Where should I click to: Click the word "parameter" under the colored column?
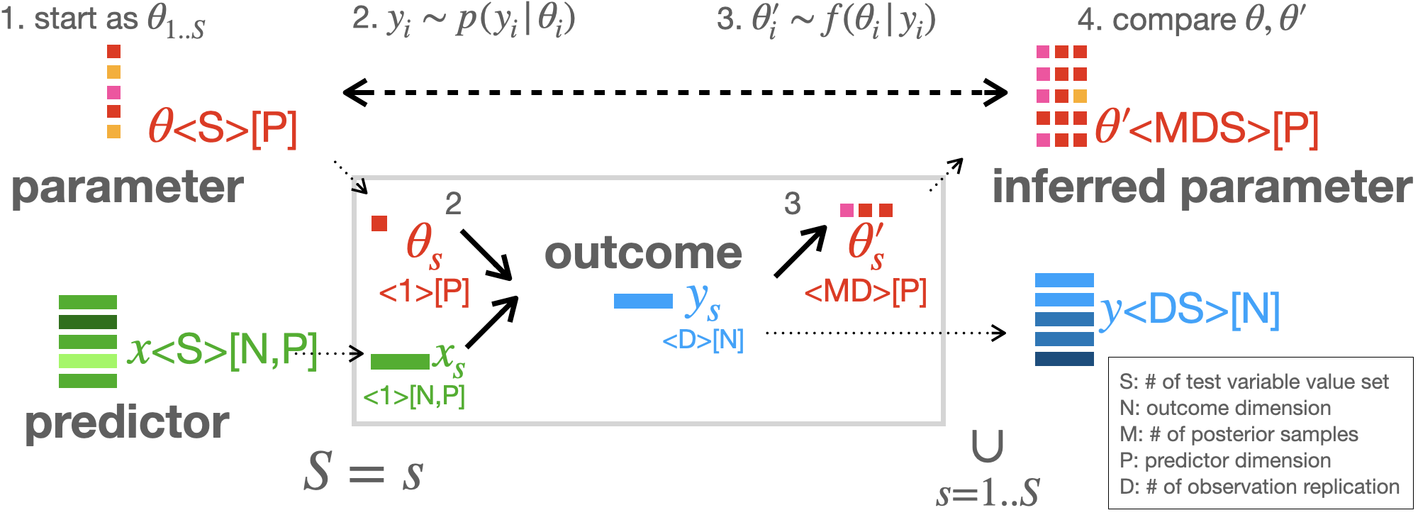point(128,187)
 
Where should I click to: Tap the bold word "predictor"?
point(127,423)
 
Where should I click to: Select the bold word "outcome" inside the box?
point(643,253)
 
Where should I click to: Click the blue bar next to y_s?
point(643,301)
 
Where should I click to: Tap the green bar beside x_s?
point(400,362)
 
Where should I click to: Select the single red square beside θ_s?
point(379,223)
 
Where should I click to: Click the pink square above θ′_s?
point(847,210)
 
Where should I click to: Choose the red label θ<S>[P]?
point(223,128)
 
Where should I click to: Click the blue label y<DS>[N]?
point(1190,310)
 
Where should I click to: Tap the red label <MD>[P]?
point(865,291)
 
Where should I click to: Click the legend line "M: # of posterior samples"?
point(1238,434)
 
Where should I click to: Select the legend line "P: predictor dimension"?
point(1224,460)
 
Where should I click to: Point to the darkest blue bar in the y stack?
point(1064,359)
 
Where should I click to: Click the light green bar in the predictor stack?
point(88,361)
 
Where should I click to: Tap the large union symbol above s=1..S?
point(987,447)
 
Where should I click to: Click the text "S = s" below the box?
point(364,472)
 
